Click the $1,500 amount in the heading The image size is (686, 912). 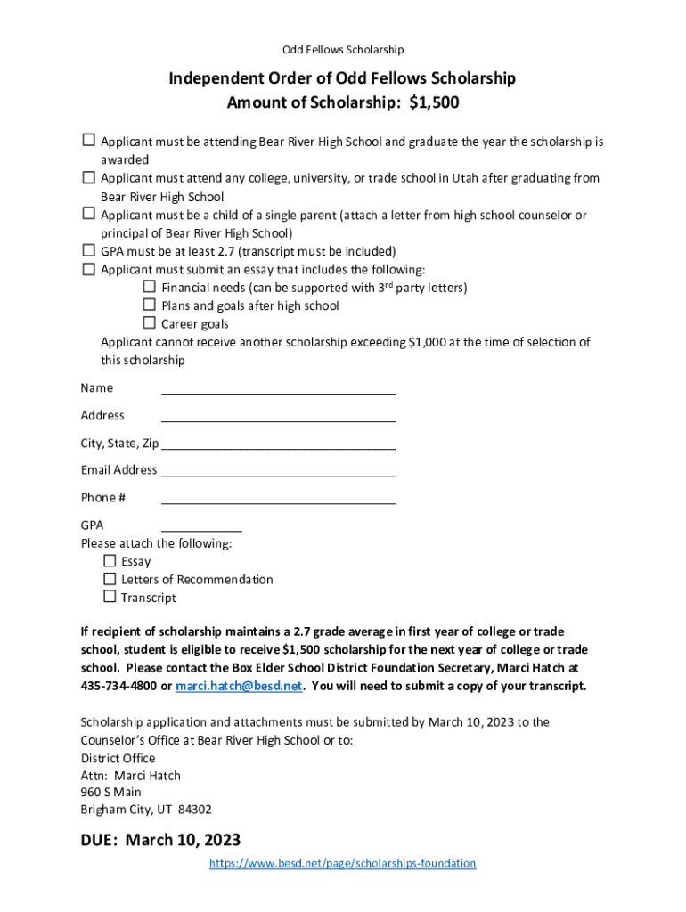click(x=434, y=102)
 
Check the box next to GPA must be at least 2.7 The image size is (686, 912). click(x=88, y=250)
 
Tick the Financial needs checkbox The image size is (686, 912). click(x=150, y=287)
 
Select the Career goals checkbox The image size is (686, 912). click(x=150, y=323)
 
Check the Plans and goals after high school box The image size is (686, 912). click(x=150, y=305)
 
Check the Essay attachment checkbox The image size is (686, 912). click(x=110, y=561)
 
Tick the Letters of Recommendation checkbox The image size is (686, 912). click(x=110, y=579)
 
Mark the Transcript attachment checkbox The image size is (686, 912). click(x=110, y=597)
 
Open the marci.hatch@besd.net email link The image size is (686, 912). click(x=240, y=686)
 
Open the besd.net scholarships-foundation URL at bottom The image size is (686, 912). click(x=342, y=863)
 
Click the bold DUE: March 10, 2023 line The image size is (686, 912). click(x=160, y=840)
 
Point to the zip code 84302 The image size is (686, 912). click(x=195, y=810)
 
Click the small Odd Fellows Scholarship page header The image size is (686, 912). click(x=343, y=49)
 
